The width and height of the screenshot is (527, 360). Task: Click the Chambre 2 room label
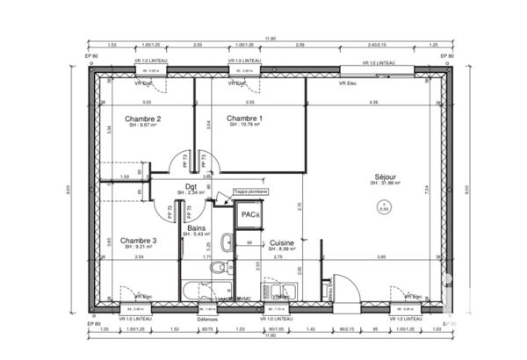click(x=142, y=118)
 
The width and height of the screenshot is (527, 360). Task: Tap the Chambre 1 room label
click(x=244, y=118)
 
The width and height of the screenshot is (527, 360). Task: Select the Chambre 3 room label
click(x=139, y=241)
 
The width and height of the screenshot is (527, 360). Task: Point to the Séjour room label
click(x=385, y=176)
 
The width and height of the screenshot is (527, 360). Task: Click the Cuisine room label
click(x=281, y=242)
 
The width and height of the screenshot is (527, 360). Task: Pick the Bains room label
click(x=196, y=227)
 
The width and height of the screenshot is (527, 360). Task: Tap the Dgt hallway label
click(x=191, y=186)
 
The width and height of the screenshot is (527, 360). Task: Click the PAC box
click(x=249, y=214)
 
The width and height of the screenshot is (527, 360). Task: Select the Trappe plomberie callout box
click(x=251, y=191)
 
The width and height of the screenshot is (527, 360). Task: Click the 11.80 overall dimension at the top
click(x=271, y=38)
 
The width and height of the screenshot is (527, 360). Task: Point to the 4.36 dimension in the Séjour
click(x=373, y=103)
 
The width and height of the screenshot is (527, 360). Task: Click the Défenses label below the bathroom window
click(x=207, y=320)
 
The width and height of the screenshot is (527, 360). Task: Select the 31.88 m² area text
click(x=386, y=184)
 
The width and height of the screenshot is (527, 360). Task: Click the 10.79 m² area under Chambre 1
click(x=245, y=125)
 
